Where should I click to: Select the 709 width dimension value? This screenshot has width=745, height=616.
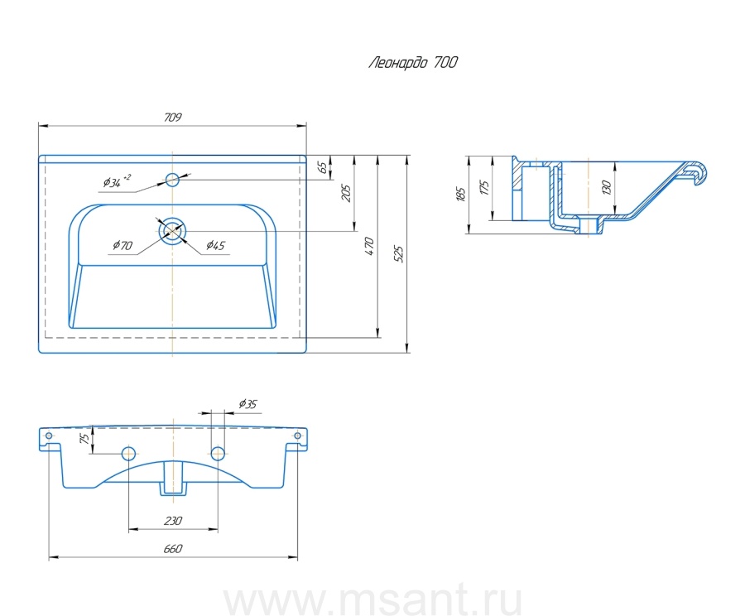click(x=172, y=118)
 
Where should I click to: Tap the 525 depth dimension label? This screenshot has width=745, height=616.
click(x=399, y=253)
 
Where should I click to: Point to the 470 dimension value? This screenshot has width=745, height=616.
click(x=370, y=246)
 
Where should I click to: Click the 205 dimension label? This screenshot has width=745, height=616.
click(x=347, y=193)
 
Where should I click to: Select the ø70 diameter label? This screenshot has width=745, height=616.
click(x=122, y=245)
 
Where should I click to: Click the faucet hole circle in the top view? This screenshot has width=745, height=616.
click(x=172, y=179)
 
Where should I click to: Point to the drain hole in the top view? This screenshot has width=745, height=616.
click(x=172, y=229)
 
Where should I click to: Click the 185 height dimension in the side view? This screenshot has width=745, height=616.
click(x=461, y=195)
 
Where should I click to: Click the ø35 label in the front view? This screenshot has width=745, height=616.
click(x=248, y=404)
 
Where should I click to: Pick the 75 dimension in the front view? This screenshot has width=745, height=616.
click(x=84, y=440)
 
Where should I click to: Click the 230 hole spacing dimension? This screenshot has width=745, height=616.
click(x=172, y=521)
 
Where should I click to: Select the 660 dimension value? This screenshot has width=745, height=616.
click(x=172, y=549)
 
